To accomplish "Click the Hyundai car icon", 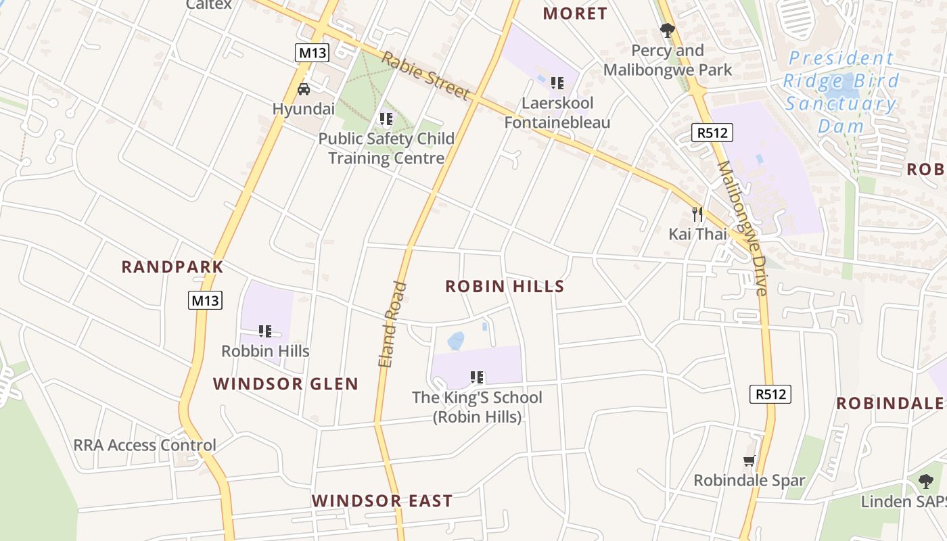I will coord(304,89).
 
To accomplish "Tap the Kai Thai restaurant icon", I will coord(697,214).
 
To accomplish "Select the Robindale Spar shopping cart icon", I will coord(749,461).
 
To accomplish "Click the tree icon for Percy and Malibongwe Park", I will coord(668,30).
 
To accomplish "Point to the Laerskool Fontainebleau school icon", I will coord(557,83).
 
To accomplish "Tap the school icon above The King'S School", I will coord(477,377).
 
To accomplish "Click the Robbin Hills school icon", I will coord(265,331).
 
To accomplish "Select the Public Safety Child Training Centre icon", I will coord(386,120).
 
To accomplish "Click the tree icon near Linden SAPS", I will coord(926,481).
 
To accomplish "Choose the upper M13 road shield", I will coord(311,53).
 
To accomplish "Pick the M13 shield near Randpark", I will coord(205,300).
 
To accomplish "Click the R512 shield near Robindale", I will coord(770,394).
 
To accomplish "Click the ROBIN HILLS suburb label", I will coord(505,286).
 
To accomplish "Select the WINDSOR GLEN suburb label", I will coord(285,384).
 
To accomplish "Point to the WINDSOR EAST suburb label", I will coord(382,501).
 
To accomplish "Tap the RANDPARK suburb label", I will coord(172,266).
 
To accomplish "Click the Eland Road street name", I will coord(393,325).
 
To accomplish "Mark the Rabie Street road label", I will coord(425,75).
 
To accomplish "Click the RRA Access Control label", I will coord(145,445).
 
